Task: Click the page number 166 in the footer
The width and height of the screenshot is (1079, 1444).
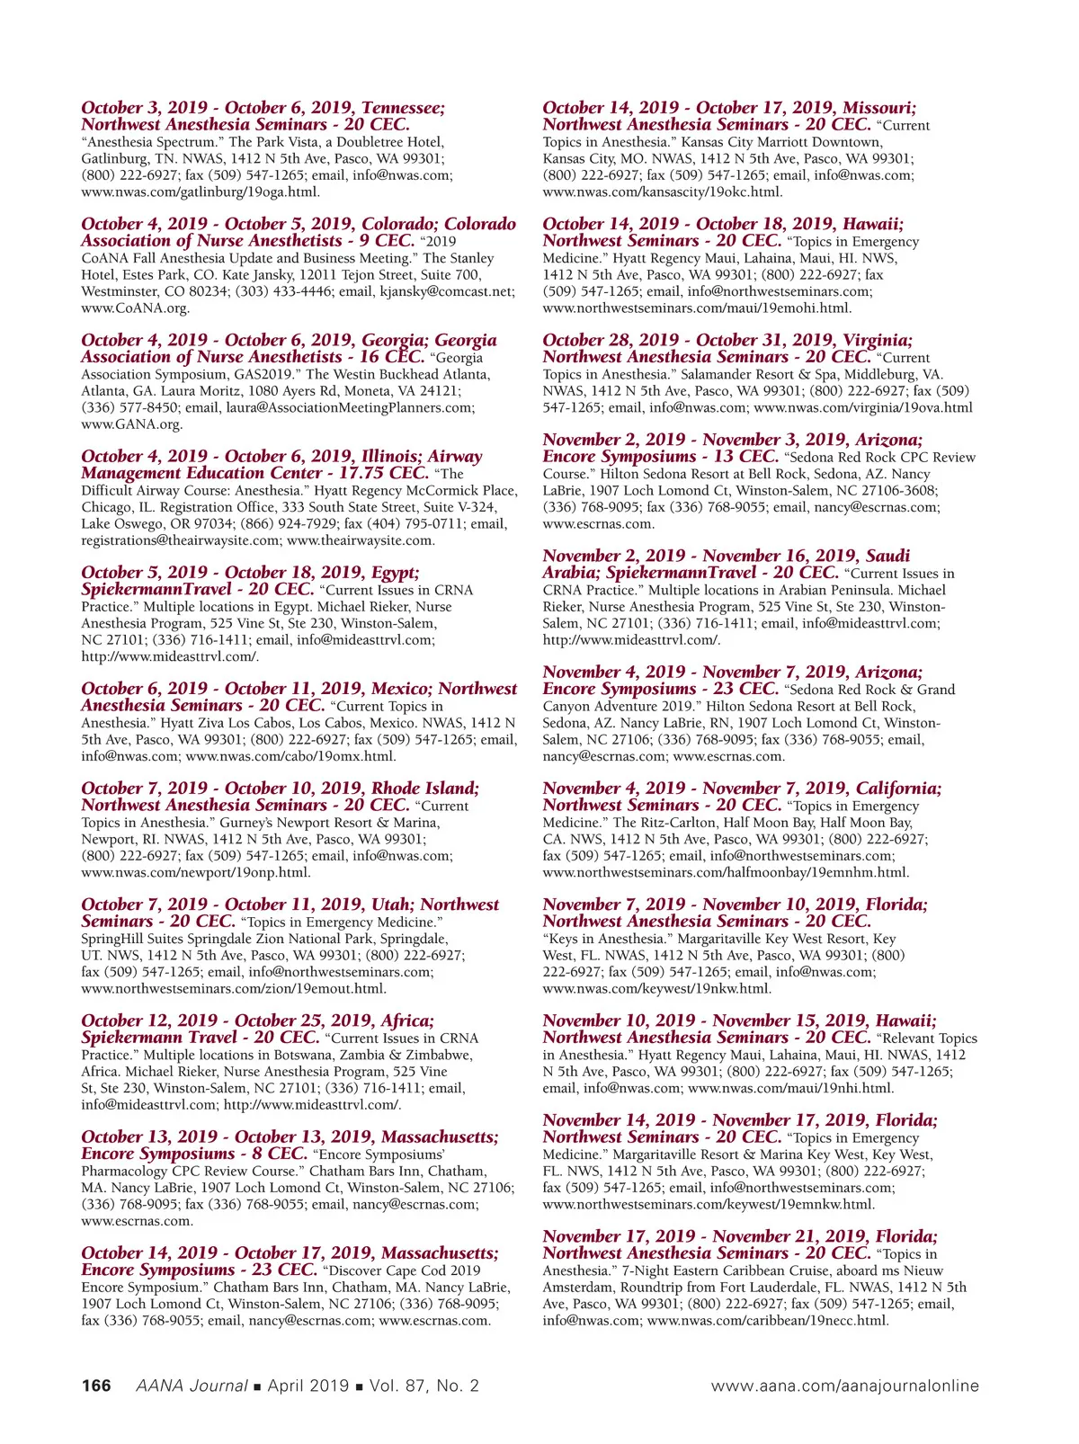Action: click(96, 1386)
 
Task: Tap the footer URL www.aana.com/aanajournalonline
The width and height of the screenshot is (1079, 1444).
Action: click(844, 1386)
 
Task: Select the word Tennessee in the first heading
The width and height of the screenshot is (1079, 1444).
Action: click(403, 108)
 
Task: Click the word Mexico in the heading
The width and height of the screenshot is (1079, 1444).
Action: click(400, 689)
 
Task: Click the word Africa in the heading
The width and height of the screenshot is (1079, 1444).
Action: click(406, 1021)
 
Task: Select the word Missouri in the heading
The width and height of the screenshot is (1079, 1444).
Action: click(878, 108)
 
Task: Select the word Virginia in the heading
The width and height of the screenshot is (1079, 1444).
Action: click(876, 340)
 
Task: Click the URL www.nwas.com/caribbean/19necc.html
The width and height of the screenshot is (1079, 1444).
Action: click(767, 1320)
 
